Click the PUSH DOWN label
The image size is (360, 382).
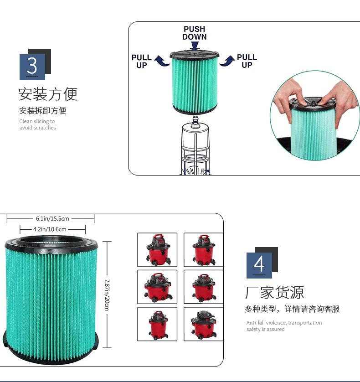click(x=195, y=33)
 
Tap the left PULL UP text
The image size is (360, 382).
click(x=142, y=62)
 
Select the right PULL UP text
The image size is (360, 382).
click(x=247, y=61)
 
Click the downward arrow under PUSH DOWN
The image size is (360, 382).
click(x=195, y=46)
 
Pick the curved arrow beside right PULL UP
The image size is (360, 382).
click(x=227, y=61)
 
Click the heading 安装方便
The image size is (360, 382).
click(x=48, y=94)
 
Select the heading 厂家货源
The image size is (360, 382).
click(x=274, y=292)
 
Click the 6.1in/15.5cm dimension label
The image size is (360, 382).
click(x=52, y=218)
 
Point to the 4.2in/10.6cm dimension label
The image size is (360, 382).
click(x=50, y=229)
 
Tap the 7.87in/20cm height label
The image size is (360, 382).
click(x=107, y=295)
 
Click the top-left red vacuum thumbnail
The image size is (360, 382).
click(x=157, y=250)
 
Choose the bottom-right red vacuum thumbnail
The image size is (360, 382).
click(x=204, y=324)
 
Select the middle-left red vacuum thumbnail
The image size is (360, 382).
click(x=157, y=287)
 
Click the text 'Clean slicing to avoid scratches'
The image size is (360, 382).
click(x=37, y=124)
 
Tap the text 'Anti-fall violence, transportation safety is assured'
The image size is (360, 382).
click(x=284, y=326)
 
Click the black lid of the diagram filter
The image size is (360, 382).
click(x=195, y=54)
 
